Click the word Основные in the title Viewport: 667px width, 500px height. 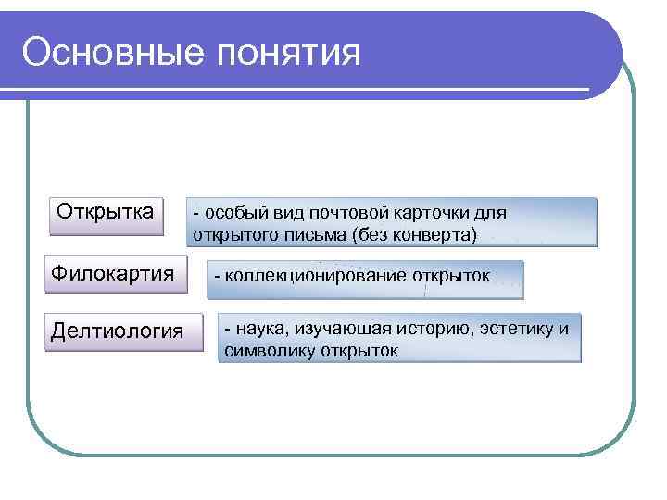110,52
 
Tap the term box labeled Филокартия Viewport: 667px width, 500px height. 113,274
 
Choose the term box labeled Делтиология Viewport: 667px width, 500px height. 118,331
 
